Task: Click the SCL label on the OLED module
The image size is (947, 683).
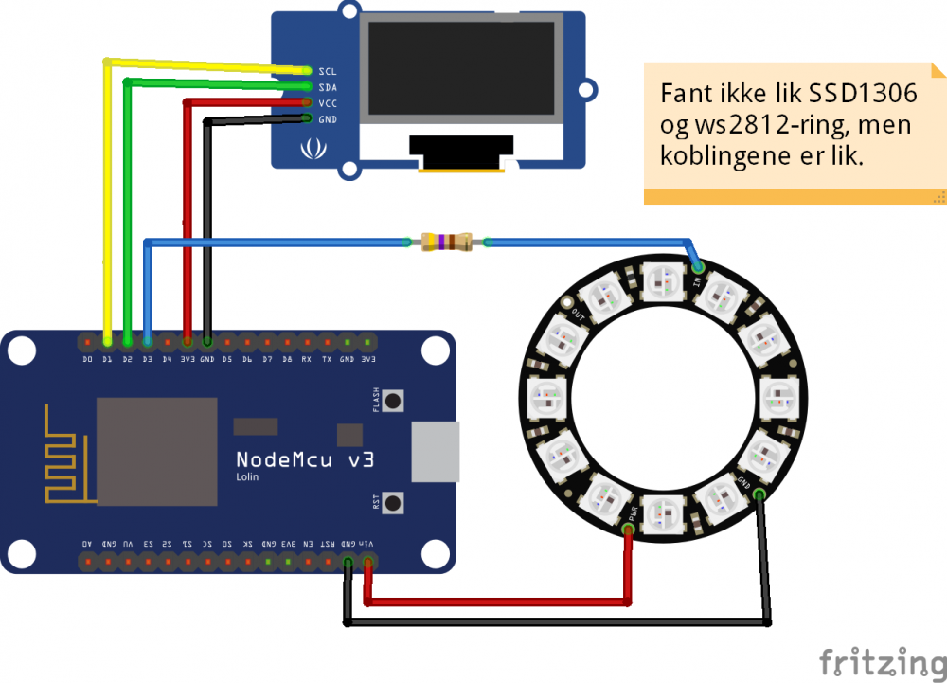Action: point(328,71)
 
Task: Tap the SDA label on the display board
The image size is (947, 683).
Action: point(328,87)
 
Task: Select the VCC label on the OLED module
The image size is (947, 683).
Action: point(328,103)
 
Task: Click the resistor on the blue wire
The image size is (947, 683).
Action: point(445,243)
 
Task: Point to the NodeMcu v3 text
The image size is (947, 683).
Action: point(305,459)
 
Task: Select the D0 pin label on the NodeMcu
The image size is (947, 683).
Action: point(87,360)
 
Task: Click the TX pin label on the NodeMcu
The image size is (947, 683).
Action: point(327,360)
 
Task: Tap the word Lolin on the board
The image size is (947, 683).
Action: point(247,477)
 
